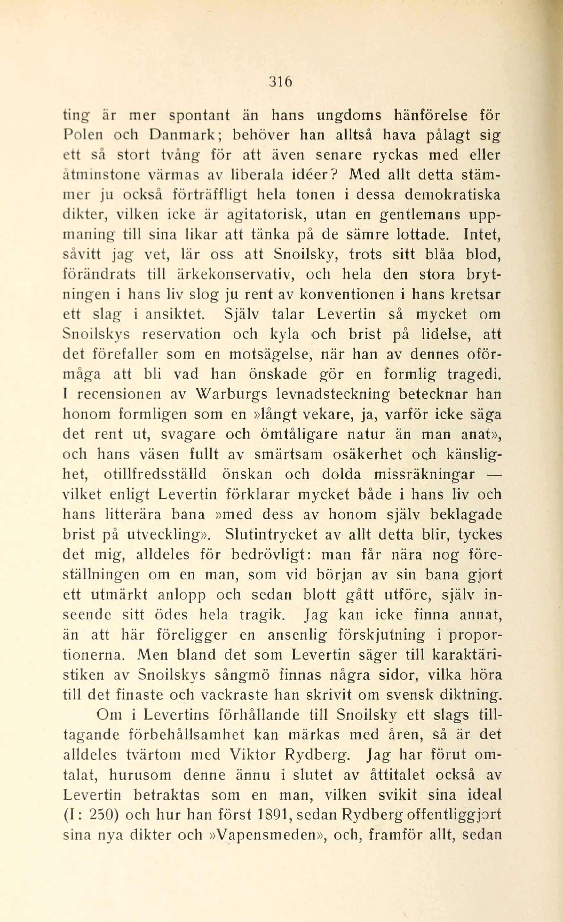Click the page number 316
coord(280,81)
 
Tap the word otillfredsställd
coord(155,474)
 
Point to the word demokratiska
coord(453,195)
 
